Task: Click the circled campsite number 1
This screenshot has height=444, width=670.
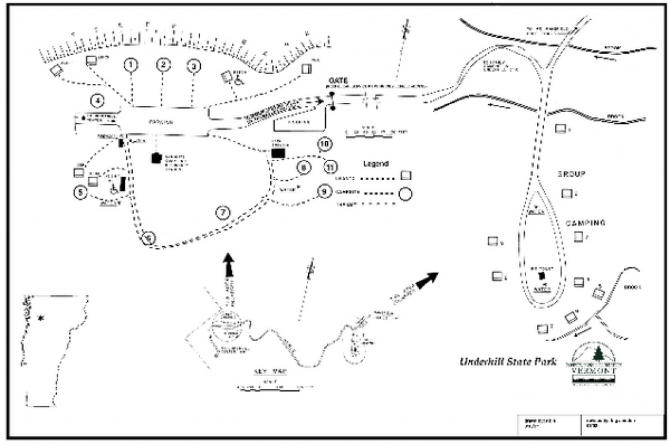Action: (132, 64)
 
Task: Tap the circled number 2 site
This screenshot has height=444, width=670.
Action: (164, 64)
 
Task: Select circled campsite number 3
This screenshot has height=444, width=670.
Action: (193, 65)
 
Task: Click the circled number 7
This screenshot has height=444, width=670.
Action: (222, 212)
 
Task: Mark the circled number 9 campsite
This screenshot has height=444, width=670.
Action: (324, 192)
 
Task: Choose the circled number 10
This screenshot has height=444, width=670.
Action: (324, 143)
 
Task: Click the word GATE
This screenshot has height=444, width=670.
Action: (340, 80)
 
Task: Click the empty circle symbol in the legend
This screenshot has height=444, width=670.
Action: (406, 194)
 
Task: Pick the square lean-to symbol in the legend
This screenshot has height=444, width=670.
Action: (406, 176)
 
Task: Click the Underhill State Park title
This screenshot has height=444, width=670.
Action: (508, 361)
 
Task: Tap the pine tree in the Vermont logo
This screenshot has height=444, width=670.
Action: (597, 355)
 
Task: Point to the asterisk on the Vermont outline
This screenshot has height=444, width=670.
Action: (41, 318)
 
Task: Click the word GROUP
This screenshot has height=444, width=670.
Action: (570, 174)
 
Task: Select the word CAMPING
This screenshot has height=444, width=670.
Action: (586, 223)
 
